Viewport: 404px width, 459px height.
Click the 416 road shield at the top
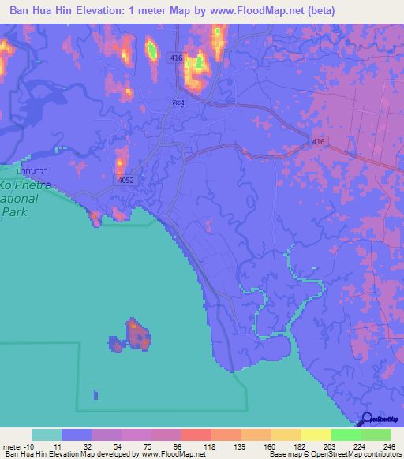(174, 58)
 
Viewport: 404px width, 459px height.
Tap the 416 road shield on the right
(318, 141)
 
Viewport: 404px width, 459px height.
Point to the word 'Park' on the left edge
(15, 211)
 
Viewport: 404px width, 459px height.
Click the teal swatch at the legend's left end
(47, 435)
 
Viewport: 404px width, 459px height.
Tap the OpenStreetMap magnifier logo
(368, 420)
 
